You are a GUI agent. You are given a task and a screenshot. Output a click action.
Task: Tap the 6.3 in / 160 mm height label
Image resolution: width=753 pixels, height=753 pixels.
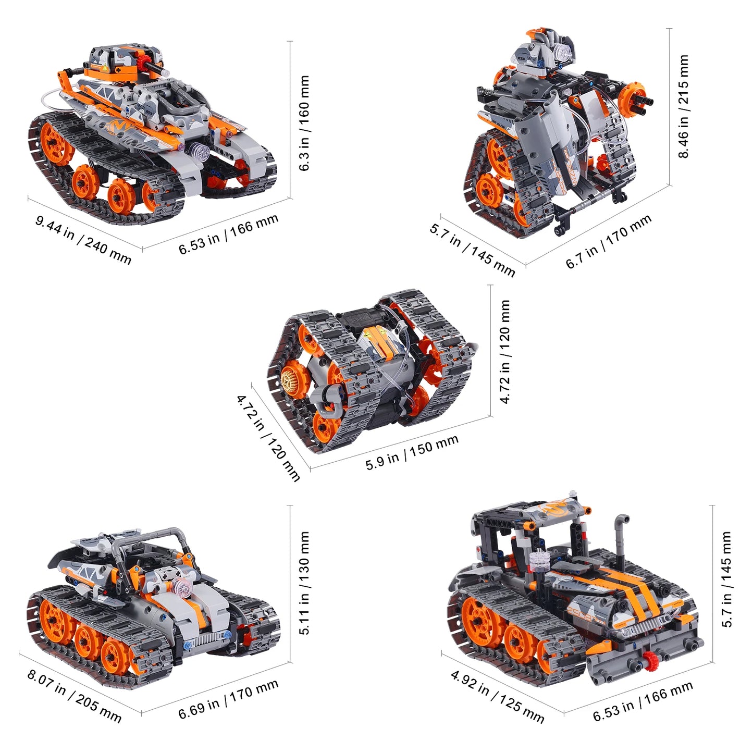pyautogui.click(x=304, y=123)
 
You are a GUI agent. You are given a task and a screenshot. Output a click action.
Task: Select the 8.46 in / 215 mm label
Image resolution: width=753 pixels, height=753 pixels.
pyautogui.click(x=683, y=106)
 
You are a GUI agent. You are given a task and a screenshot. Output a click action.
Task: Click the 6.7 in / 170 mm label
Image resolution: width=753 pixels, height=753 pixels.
pyautogui.click(x=609, y=242)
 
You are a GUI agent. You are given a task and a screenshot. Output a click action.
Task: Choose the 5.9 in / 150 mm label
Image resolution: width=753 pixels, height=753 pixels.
pyautogui.click(x=412, y=452)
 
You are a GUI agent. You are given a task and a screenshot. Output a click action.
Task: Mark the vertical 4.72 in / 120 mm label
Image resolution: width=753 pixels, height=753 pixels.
pyautogui.click(x=504, y=352)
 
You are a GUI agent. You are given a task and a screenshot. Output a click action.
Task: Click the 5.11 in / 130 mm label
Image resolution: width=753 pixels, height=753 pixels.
pyautogui.click(x=304, y=583)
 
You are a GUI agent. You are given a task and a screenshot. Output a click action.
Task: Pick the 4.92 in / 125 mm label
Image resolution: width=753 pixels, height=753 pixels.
pyautogui.click(x=497, y=697)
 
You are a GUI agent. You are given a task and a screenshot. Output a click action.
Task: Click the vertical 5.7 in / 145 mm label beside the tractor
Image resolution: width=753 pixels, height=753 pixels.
pyautogui.click(x=727, y=579)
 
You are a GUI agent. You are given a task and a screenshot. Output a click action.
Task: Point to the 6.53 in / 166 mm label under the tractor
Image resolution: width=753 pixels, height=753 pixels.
pyautogui.click(x=643, y=701)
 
